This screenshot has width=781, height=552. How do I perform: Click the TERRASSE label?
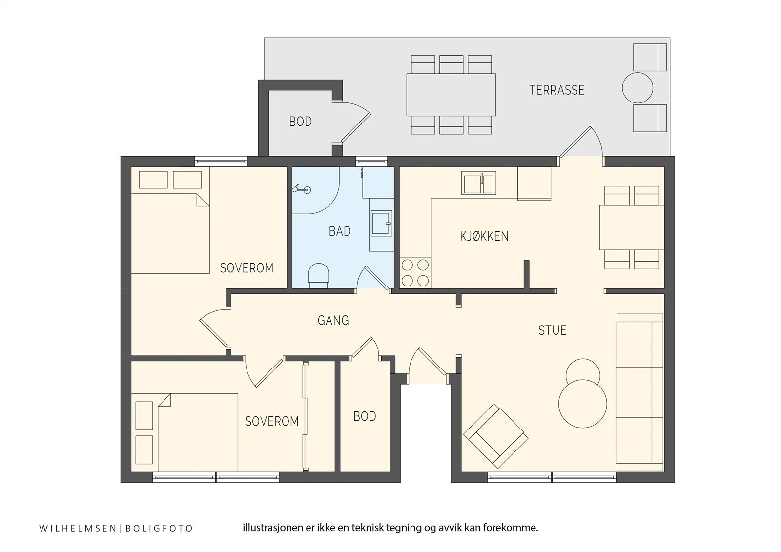tap(557, 90)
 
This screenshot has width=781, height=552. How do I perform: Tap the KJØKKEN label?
tap(484, 236)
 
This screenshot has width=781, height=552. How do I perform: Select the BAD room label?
tap(340, 231)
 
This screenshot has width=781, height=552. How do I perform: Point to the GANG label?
tap(333, 320)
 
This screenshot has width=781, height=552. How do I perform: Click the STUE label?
tap(552, 330)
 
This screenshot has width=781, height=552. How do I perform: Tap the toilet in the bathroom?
tap(319, 275)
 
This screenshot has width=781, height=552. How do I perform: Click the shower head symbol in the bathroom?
tap(301, 190)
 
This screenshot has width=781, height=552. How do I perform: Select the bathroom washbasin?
tap(381, 223)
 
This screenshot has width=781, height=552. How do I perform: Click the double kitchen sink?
tap(479, 183)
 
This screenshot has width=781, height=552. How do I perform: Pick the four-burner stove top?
tap(415, 273)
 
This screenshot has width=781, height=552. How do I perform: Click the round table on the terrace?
tap(637, 88)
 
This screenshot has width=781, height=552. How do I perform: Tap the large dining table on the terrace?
tap(451, 95)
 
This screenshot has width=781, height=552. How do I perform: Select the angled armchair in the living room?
tap(495, 436)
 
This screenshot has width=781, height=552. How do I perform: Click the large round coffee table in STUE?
tap(583, 404)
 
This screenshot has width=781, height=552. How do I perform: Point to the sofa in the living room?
tap(640, 392)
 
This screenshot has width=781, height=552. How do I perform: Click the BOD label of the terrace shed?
tap(301, 122)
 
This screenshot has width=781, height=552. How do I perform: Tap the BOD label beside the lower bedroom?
tap(365, 416)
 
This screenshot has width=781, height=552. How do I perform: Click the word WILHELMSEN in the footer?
tap(78, 528)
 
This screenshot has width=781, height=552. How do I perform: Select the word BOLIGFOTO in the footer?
tap(159, 528)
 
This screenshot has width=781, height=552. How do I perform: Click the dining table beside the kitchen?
tap(632, 228)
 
